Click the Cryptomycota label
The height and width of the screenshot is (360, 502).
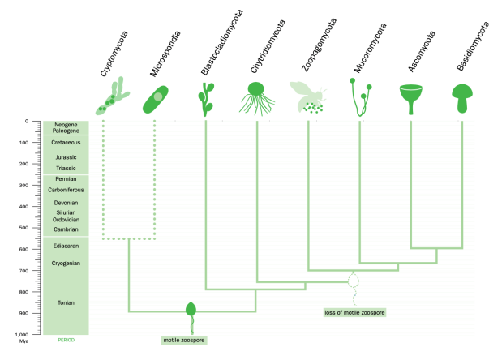(114, 54)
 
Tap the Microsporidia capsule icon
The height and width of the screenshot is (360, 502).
(155, 99)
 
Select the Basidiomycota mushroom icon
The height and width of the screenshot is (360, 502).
(462, 99)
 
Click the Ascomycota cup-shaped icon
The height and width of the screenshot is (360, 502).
(410, 99)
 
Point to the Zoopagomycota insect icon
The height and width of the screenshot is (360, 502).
(308, 97)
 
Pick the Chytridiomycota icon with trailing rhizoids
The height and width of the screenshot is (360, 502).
(256, 99)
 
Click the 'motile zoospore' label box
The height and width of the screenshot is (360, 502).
(184, 340)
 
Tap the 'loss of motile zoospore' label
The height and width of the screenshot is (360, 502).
(354, 312)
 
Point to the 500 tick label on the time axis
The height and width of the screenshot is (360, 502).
(24, 228)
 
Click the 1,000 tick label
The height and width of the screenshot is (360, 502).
(22, 334)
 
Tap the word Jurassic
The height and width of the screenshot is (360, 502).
(66, 157)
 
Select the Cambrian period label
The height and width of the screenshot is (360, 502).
(66, 229)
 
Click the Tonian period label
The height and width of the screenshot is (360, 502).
(66, 302)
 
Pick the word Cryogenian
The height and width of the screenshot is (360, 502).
(66, 264)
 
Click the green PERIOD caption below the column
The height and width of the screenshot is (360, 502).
(67, 340)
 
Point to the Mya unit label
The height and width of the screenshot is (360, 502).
(24, 341)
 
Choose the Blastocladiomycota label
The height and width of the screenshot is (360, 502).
(222, 42)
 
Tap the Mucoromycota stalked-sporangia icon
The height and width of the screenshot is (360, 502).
(361, 97)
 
